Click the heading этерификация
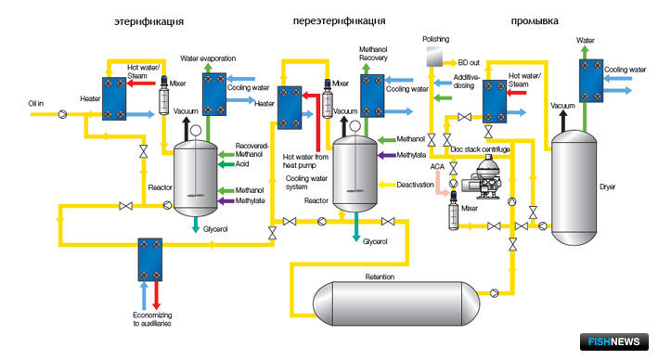[149, 21]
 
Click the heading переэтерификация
[339, 21]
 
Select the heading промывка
[535, 21]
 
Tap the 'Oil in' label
[35, 103]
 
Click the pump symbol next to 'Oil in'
[62, 114]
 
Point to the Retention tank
[396, 303]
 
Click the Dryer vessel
[574, 187]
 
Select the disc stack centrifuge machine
[482, 177]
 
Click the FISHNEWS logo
[614, 341]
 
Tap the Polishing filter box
[434, 57]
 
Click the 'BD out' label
[469, 62]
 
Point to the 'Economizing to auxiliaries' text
[152, 319]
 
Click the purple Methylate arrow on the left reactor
[226, 201]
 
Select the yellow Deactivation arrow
[386, 185]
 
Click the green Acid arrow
[226, 164]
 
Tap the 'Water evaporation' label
[208, 58]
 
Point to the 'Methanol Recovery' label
[373, 54]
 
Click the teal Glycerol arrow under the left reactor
[196, 225]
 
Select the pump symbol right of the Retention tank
[495, 293]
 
